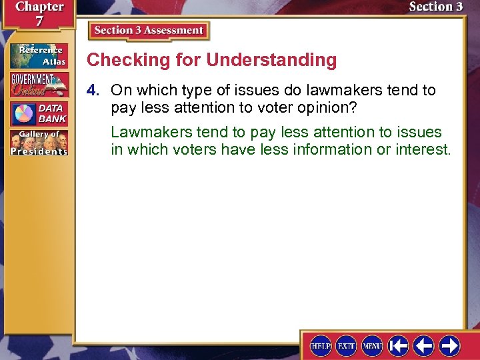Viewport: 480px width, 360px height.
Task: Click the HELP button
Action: point(321,345)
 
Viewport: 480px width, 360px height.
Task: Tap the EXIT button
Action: point(346,345)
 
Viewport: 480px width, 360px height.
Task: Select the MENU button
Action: point(371,345)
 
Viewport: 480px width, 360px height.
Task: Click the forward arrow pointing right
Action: point(449,345)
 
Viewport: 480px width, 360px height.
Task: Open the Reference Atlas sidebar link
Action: point(39,56)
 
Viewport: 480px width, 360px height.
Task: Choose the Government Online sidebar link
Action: point(39,85)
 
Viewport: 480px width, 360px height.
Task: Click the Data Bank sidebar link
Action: point(39,113)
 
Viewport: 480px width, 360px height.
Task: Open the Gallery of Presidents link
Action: point(39,142)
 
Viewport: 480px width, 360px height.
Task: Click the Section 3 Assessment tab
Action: point(149,31)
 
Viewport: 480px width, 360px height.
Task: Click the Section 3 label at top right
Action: point(435,7)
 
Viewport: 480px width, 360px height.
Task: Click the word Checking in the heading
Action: point(118,60)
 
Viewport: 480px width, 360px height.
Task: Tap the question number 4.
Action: point(97,90)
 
